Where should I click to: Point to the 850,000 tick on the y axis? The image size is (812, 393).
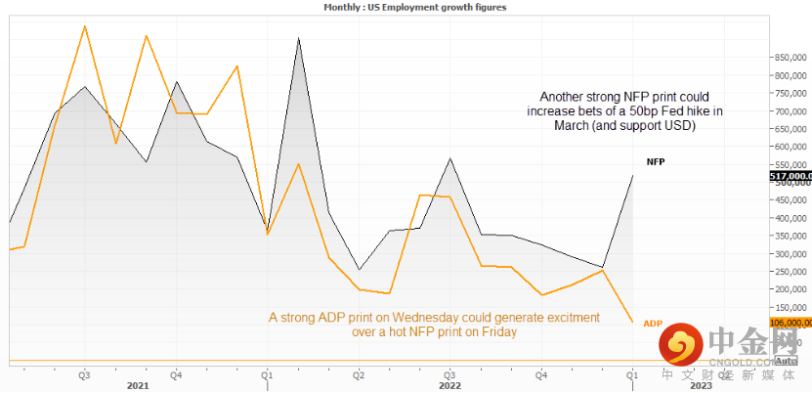789,57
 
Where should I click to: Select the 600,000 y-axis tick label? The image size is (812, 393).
789,147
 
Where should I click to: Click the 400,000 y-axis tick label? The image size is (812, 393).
789,218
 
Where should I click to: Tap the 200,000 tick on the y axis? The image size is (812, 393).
789,289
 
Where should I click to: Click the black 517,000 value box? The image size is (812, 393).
791,177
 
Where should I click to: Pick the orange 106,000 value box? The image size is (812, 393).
791,322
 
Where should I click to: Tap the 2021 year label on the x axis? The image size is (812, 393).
138,385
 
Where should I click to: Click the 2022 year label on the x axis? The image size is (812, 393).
450,385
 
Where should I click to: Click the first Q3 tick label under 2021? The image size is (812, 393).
85,374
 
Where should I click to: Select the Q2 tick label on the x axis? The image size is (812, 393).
359,374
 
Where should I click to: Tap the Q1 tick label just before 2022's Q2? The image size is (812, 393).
267,374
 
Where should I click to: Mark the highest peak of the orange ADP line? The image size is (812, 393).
85,25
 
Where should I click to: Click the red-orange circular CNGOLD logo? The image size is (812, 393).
680,343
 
